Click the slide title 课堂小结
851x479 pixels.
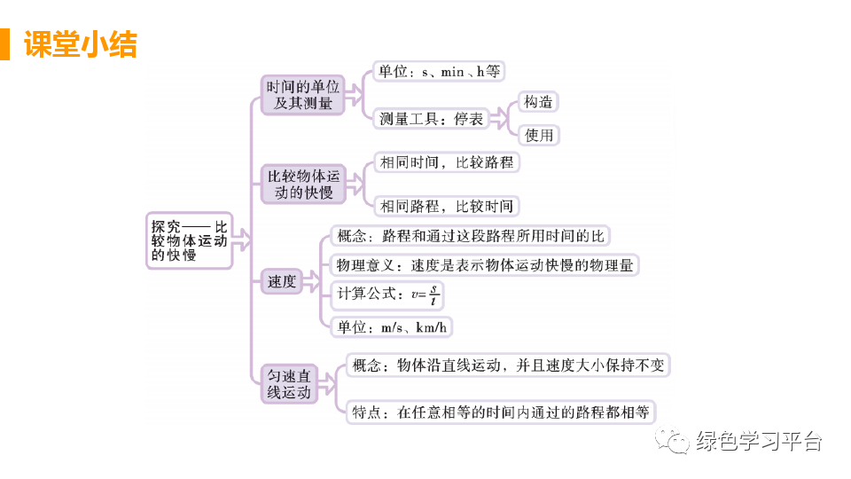[x=81, y=44]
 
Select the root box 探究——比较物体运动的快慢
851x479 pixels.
[x=189, y=240]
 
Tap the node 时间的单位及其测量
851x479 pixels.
[x=303, y=95]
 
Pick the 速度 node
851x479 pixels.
[x=282, y=282]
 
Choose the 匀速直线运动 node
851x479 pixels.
[x=290, y=384]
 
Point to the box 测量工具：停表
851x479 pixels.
[x=431, y=118]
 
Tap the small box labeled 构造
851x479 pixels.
[x=538, y=102]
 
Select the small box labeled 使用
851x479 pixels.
[x=538, y=135]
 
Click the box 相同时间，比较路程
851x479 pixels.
[x=445, y=162]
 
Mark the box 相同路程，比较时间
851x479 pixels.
[x=445, y=207]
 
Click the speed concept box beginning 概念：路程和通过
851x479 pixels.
[x=470, y=236]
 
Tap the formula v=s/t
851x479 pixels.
[x=426, y=296]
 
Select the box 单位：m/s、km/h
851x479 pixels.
[x=390, y=327]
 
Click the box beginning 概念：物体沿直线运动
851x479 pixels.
[x=507, y=365]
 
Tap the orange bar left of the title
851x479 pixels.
[x=5, y=44]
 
